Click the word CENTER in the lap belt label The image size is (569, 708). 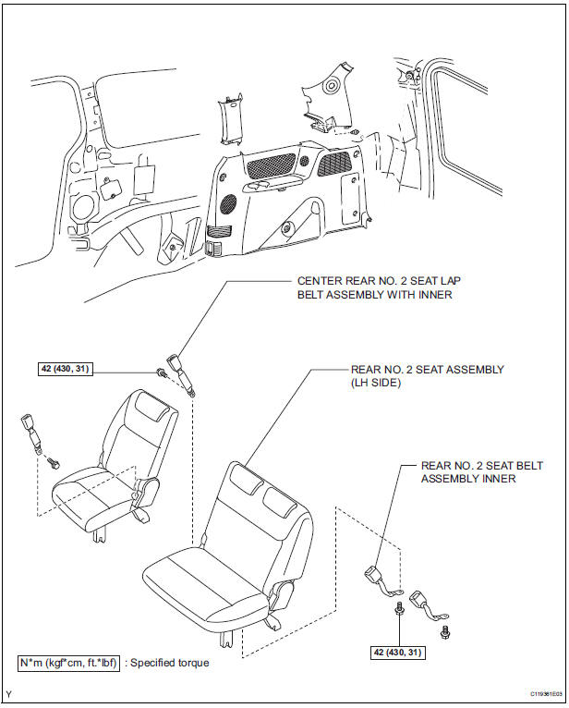pyautogui.click(x=320, y=281)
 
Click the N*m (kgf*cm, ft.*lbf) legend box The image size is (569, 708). pyautogui.click(x=67, y=663)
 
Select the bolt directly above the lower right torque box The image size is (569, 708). pyautogui.click(x=399, y=609)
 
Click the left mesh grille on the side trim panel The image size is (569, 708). pyautogui.click(x=274, y=168)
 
